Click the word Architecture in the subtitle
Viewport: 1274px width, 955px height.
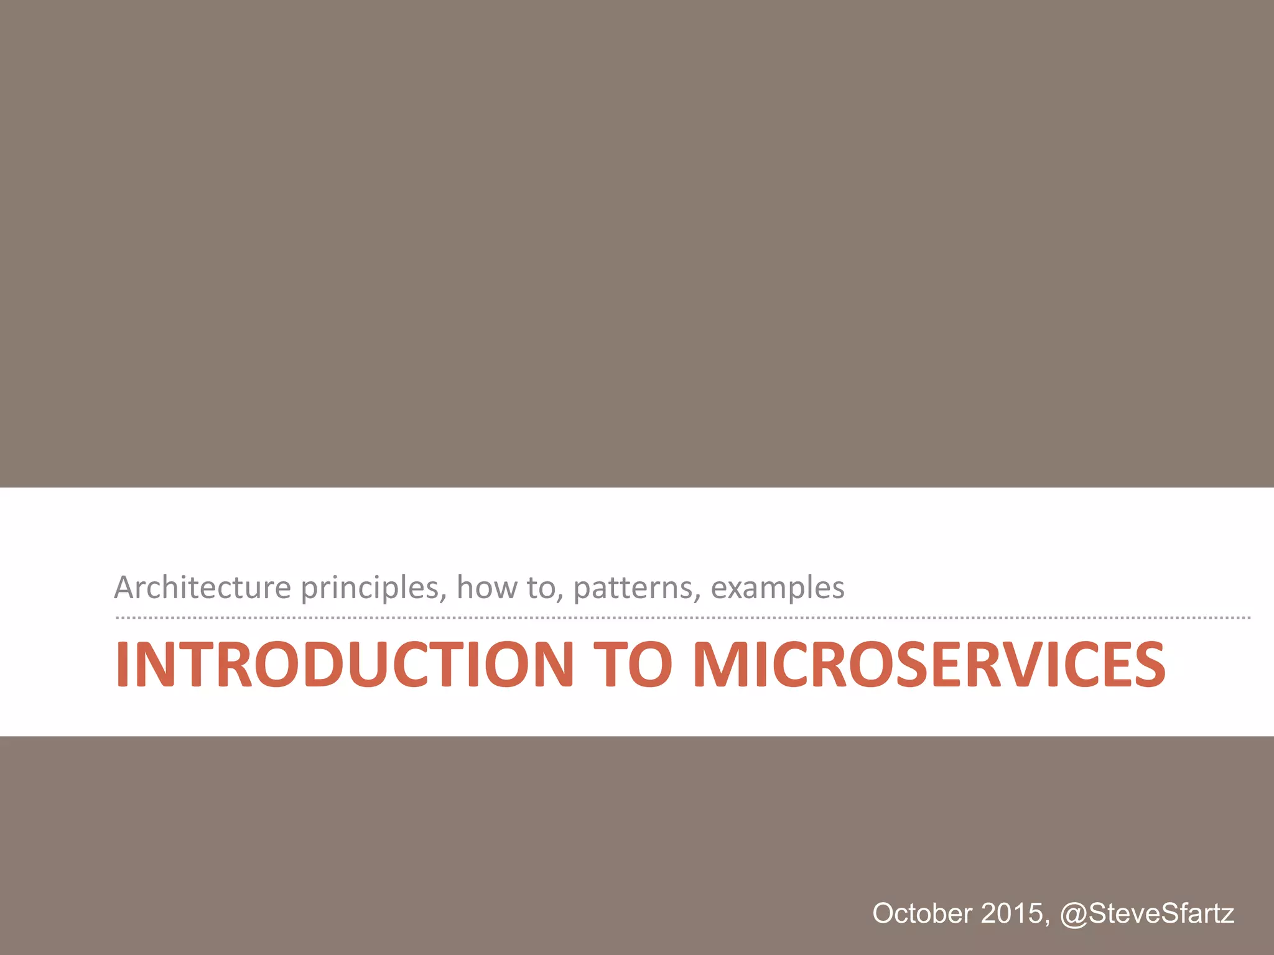tap(203, 588)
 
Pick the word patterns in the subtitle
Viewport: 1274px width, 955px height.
tap(637, 588)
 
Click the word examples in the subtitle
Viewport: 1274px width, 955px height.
tap(778, 588)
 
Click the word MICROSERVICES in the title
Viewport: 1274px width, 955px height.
tap(929, 665)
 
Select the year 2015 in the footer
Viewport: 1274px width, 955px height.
tap(1011, 913)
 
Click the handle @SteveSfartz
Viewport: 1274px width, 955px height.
tap(1147, 913)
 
